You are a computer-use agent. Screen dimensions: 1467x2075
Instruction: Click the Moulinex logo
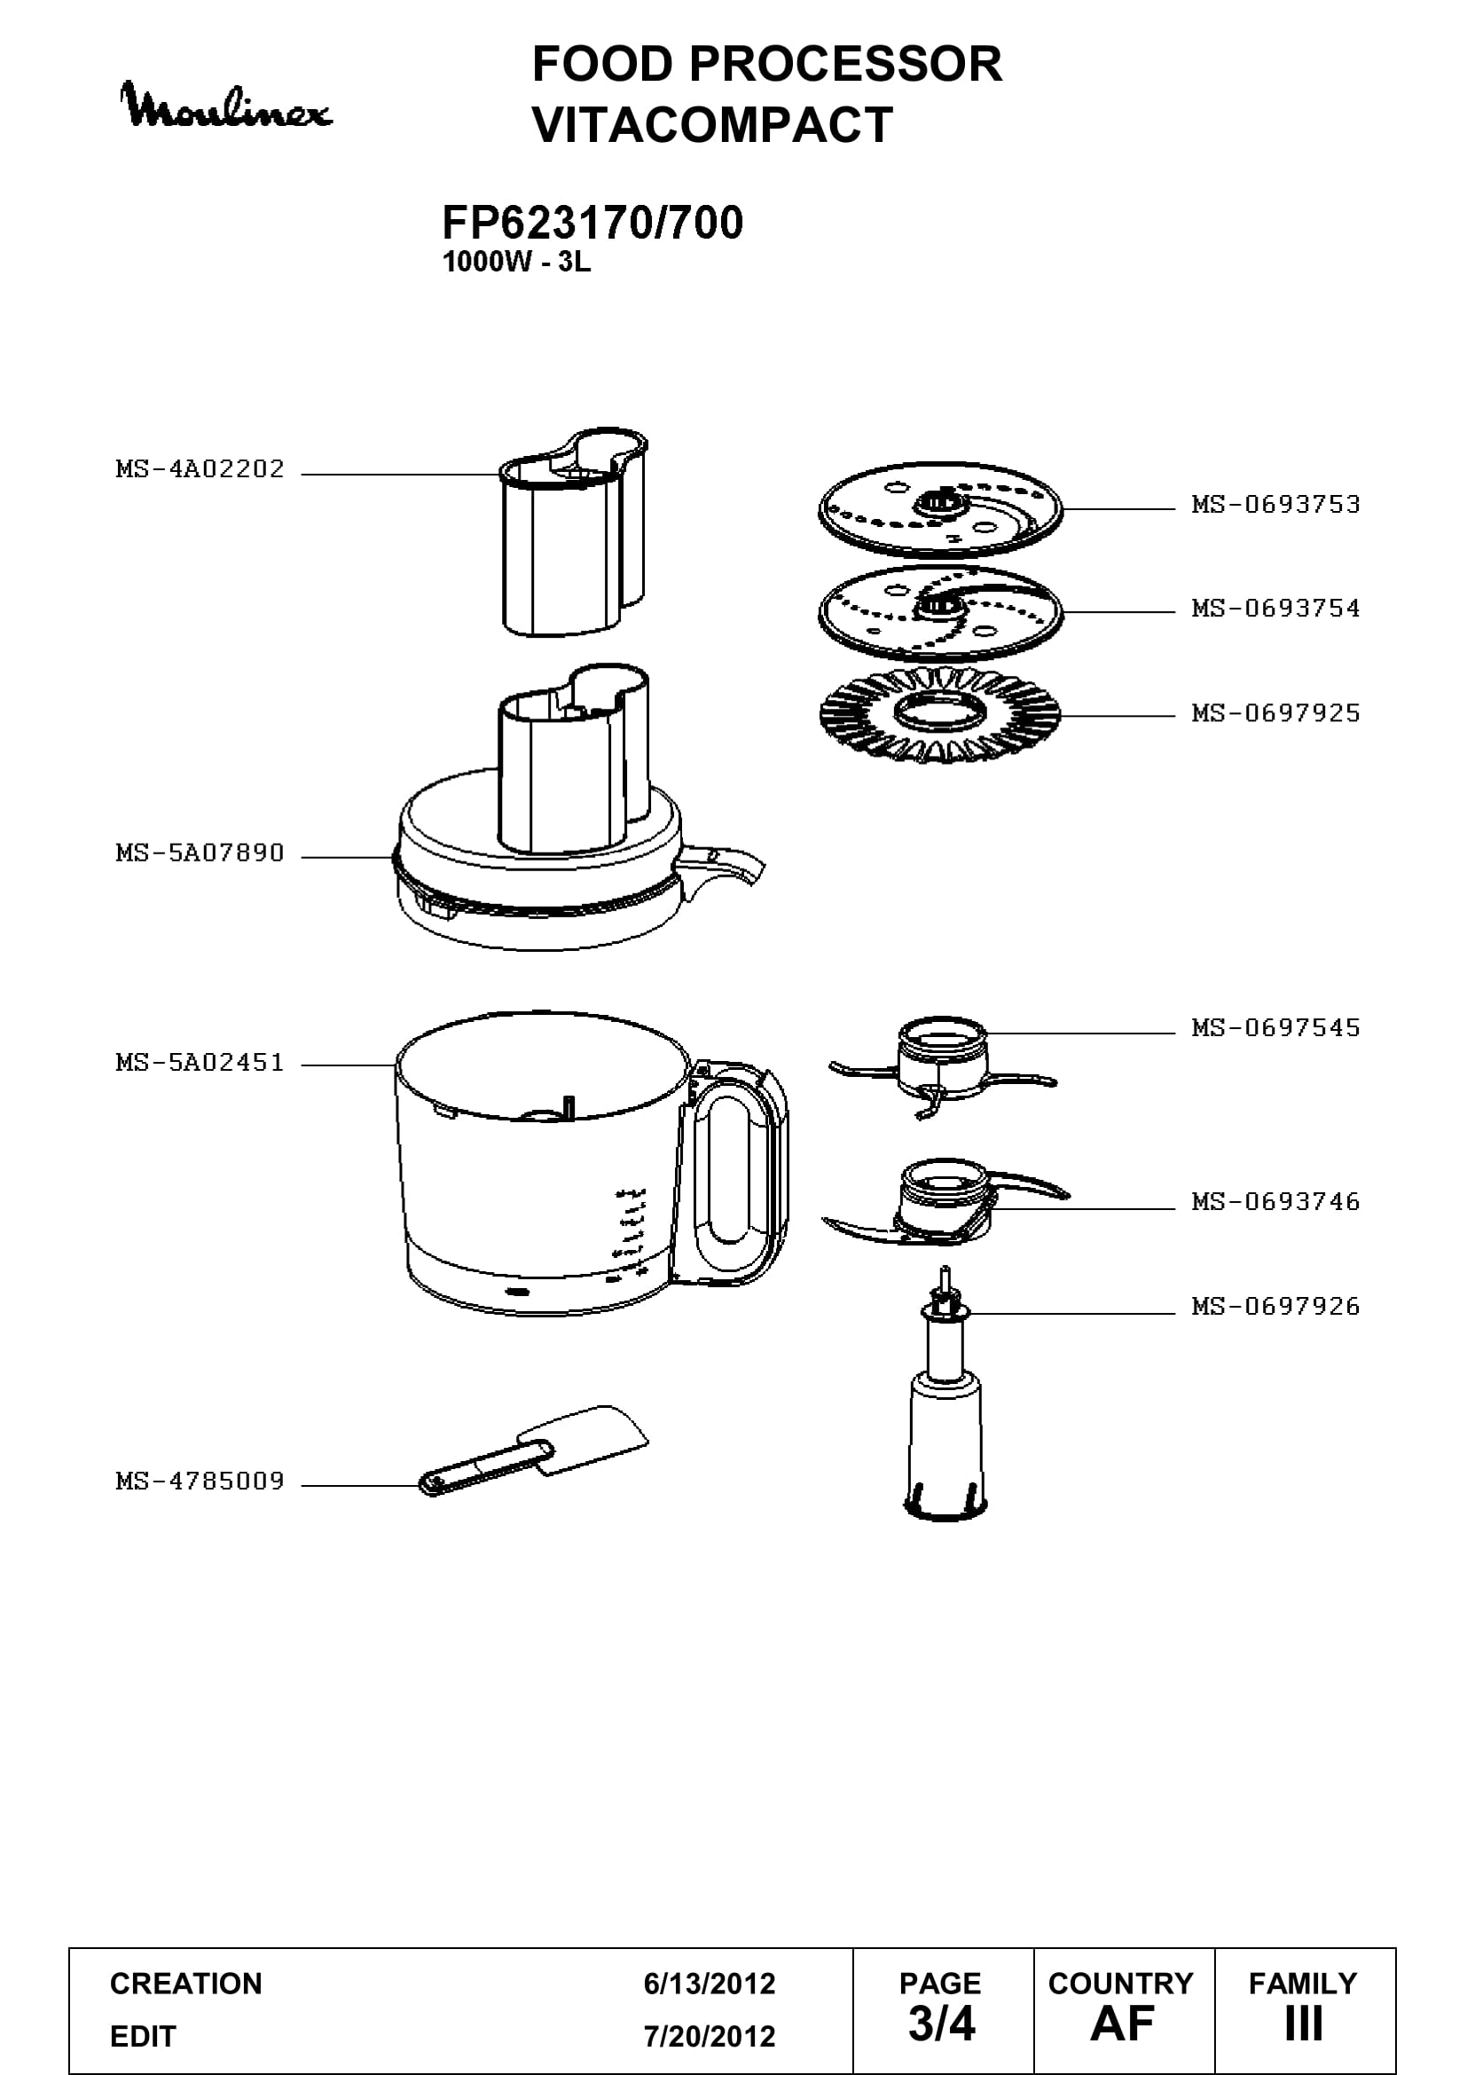[226, 106]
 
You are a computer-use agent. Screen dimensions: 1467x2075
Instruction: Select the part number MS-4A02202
[200, 469]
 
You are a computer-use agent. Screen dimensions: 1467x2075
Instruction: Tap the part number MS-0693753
[1275, 504]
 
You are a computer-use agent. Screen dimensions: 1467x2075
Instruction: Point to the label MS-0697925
[1275, 713]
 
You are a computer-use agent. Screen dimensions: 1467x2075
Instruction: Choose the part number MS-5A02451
[200, 1063]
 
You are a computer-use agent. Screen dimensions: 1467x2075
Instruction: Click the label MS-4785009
[200, 1482]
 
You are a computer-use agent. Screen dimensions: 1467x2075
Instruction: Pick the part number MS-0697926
[1275, 1306]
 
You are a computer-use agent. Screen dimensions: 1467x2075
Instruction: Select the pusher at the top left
[574, 533]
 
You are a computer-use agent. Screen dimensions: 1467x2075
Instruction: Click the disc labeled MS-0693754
[940, 614]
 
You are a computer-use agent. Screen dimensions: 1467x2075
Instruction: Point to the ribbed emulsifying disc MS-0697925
[940, 714]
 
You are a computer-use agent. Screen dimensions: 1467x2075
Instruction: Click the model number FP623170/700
[592, 223]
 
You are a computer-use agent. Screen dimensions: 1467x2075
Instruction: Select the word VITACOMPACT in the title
[713, 125]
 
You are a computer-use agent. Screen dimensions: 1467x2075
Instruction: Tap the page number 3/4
[941, 2024]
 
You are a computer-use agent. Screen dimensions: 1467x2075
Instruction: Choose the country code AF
[1122, 2024]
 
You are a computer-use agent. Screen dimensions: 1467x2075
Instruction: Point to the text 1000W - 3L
[516, 262]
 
